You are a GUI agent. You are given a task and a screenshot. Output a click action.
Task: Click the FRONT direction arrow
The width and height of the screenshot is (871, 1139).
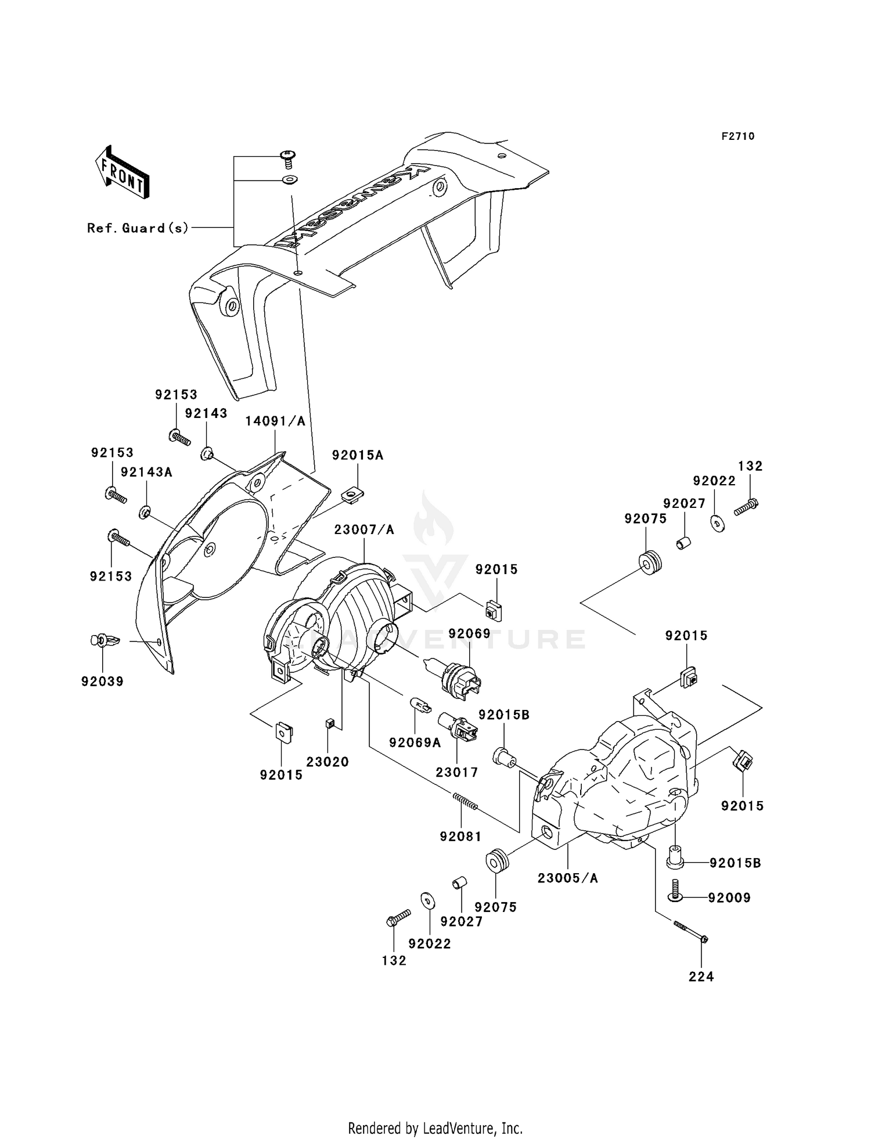(122, 172)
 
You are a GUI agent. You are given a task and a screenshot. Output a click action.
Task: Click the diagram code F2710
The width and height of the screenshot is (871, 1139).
(738, 136)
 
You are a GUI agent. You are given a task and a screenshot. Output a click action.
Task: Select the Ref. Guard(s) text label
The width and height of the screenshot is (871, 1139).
(138, 228)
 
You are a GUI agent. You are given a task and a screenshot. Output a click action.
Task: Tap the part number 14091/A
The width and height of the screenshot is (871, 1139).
(275, 421)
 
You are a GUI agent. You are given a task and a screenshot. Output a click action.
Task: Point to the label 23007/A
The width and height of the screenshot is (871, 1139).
(364, 529)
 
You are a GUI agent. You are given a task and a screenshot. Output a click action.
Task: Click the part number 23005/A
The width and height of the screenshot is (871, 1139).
(567, 878)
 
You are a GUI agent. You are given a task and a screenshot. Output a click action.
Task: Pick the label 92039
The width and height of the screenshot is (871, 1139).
(103, 682)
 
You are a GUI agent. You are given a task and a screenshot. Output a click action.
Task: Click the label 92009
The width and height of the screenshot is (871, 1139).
(729, 898)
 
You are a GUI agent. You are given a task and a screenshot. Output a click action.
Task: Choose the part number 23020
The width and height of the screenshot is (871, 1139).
(327, 762)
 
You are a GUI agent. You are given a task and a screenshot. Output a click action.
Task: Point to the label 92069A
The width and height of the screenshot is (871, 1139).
(415, 742)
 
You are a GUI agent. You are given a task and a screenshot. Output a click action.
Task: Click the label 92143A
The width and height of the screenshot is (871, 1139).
(146, 472)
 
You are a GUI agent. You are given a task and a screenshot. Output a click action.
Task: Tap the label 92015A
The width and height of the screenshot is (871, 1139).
(358, 455)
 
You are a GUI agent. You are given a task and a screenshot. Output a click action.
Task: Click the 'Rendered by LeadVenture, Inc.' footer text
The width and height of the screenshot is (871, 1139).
(435, 1129)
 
